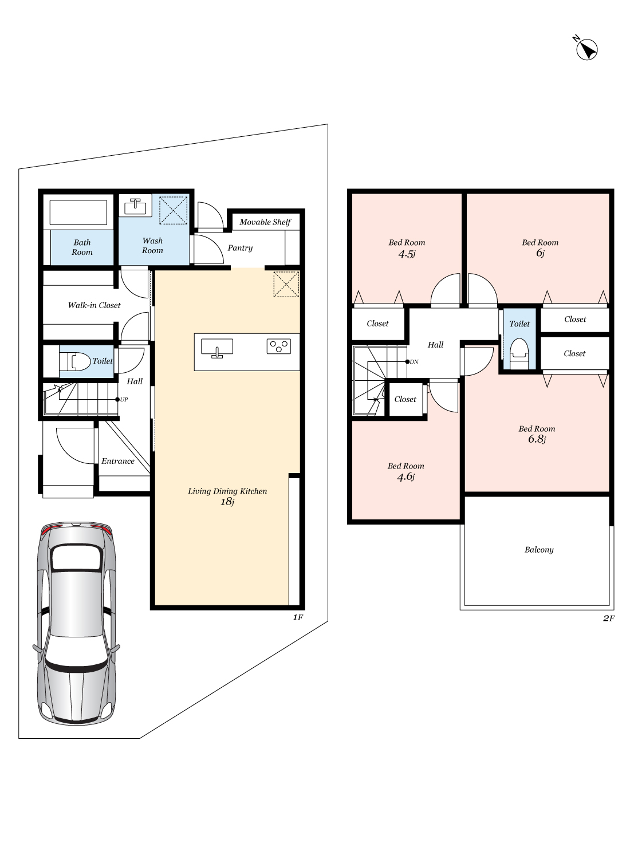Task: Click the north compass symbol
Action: [x=586, y=49]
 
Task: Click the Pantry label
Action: [x=240, y=248]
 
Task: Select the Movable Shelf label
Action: [x=265, y=222]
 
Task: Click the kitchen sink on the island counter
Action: [x=217, y=348]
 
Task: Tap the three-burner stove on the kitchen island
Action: [x=279, y=346]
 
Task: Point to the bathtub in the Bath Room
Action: [x=78, y=212]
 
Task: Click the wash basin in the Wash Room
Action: [x=135, y=207]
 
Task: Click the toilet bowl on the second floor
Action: [x=519, y=353]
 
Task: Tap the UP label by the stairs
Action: [x=124, y=399]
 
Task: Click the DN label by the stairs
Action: [x=414, y=361]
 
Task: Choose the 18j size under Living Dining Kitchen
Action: [x=227, y=502]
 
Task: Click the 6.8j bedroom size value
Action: [x=537, y=439]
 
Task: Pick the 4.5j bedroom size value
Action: [x=407, y=254]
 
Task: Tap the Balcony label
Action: [x=539, y=550]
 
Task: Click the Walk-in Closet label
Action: [x=94, y=305]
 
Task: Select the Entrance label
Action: [x=118, y=461]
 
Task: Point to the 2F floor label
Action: [x=609, y=618]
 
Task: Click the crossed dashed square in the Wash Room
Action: [x=174, y=210]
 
